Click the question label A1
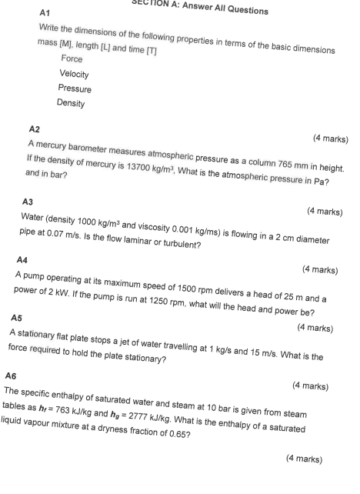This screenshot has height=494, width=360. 44,14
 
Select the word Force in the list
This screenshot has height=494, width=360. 72,58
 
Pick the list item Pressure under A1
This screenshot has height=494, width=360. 75,88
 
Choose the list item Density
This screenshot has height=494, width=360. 71,103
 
